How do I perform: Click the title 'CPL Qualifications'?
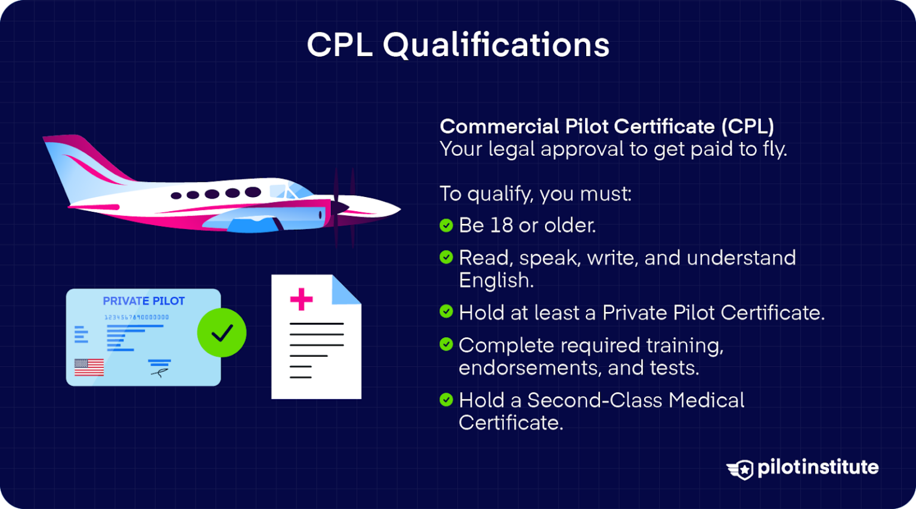(x=458, y=45)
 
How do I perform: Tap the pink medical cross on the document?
(x=301, y=299)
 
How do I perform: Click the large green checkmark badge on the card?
(x=222, y=332)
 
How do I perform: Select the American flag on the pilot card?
(x=89, y=367)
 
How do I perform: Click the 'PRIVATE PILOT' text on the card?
(x=144, y=301)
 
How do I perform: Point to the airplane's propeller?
(x=343, y=207)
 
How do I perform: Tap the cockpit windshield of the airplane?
(x=291, y=190)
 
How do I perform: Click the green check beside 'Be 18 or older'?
(x=446, y=226)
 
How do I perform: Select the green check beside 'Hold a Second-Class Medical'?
(x=446, y=400)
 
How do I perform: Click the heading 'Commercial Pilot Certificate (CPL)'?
(x=607, y=127)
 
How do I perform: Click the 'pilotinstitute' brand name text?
(x=818, y=468)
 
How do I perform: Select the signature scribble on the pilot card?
(x=159, y=372)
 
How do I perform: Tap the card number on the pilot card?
(x=137, y=317)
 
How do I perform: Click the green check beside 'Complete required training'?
(x=446, y=344)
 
